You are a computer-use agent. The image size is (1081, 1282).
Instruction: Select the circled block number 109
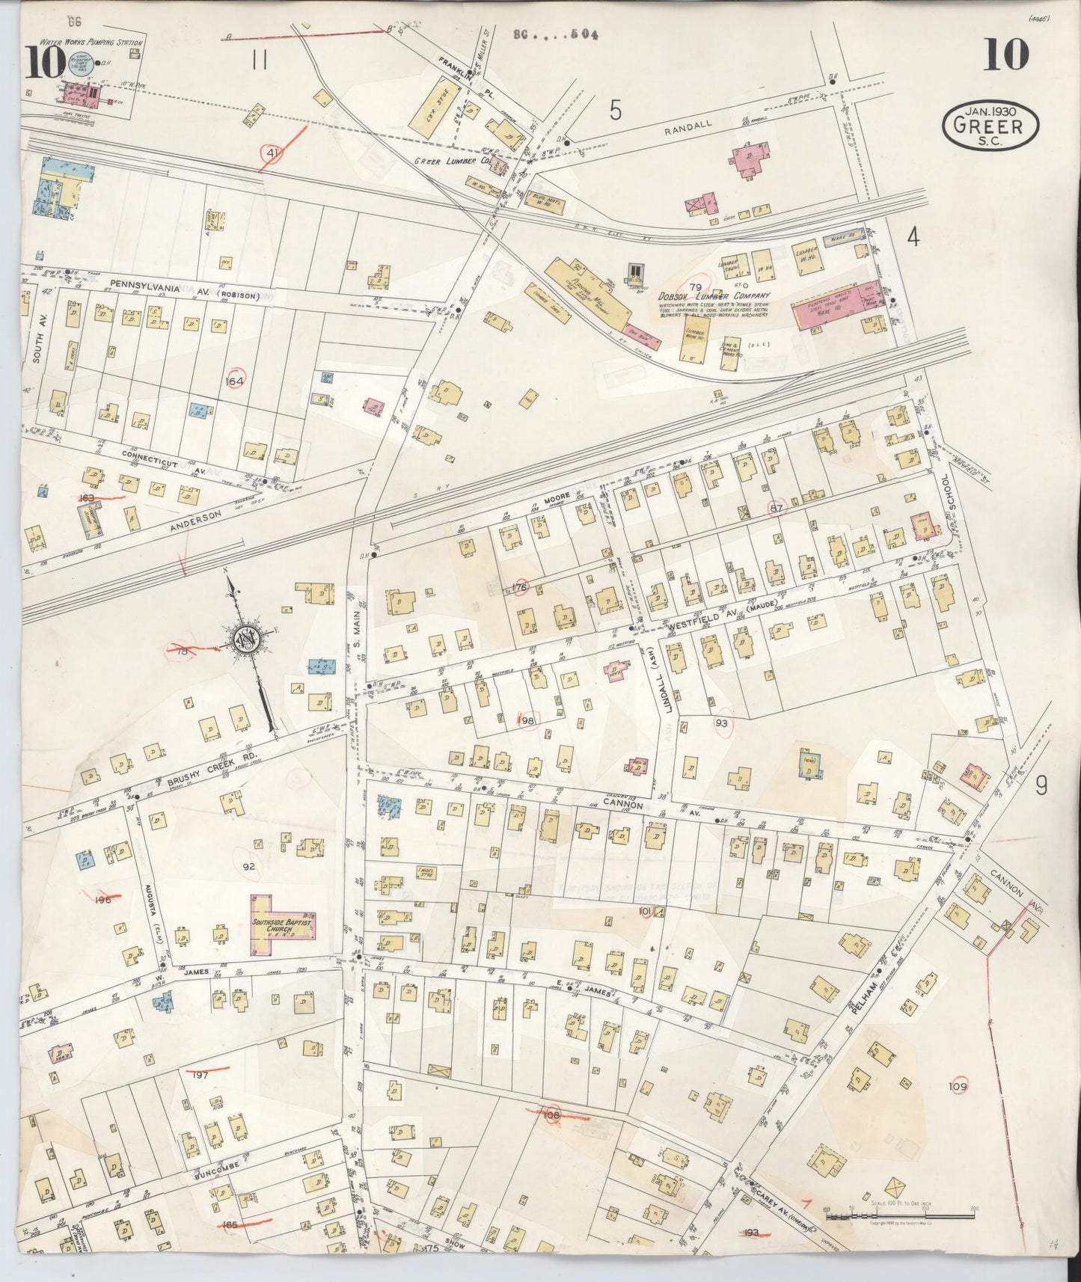click(x=958, y=1086)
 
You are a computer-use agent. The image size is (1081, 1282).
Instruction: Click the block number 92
click(x=250, y=866)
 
